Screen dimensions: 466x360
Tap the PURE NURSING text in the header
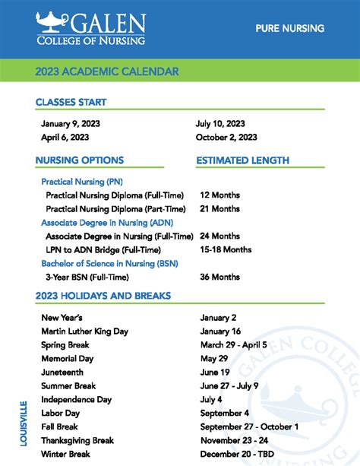click(x=290, y=28)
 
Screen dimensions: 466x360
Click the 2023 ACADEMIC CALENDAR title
click(x=107, y=72)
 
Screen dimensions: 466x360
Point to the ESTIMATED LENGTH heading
click(x=242, y=160)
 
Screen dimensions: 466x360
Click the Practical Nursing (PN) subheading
click(x=82, y=182)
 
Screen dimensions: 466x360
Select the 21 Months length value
click(x=220, y=208)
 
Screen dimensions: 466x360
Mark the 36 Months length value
click(x=220, y=277)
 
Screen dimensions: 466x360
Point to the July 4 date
click(x=211, y=399)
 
